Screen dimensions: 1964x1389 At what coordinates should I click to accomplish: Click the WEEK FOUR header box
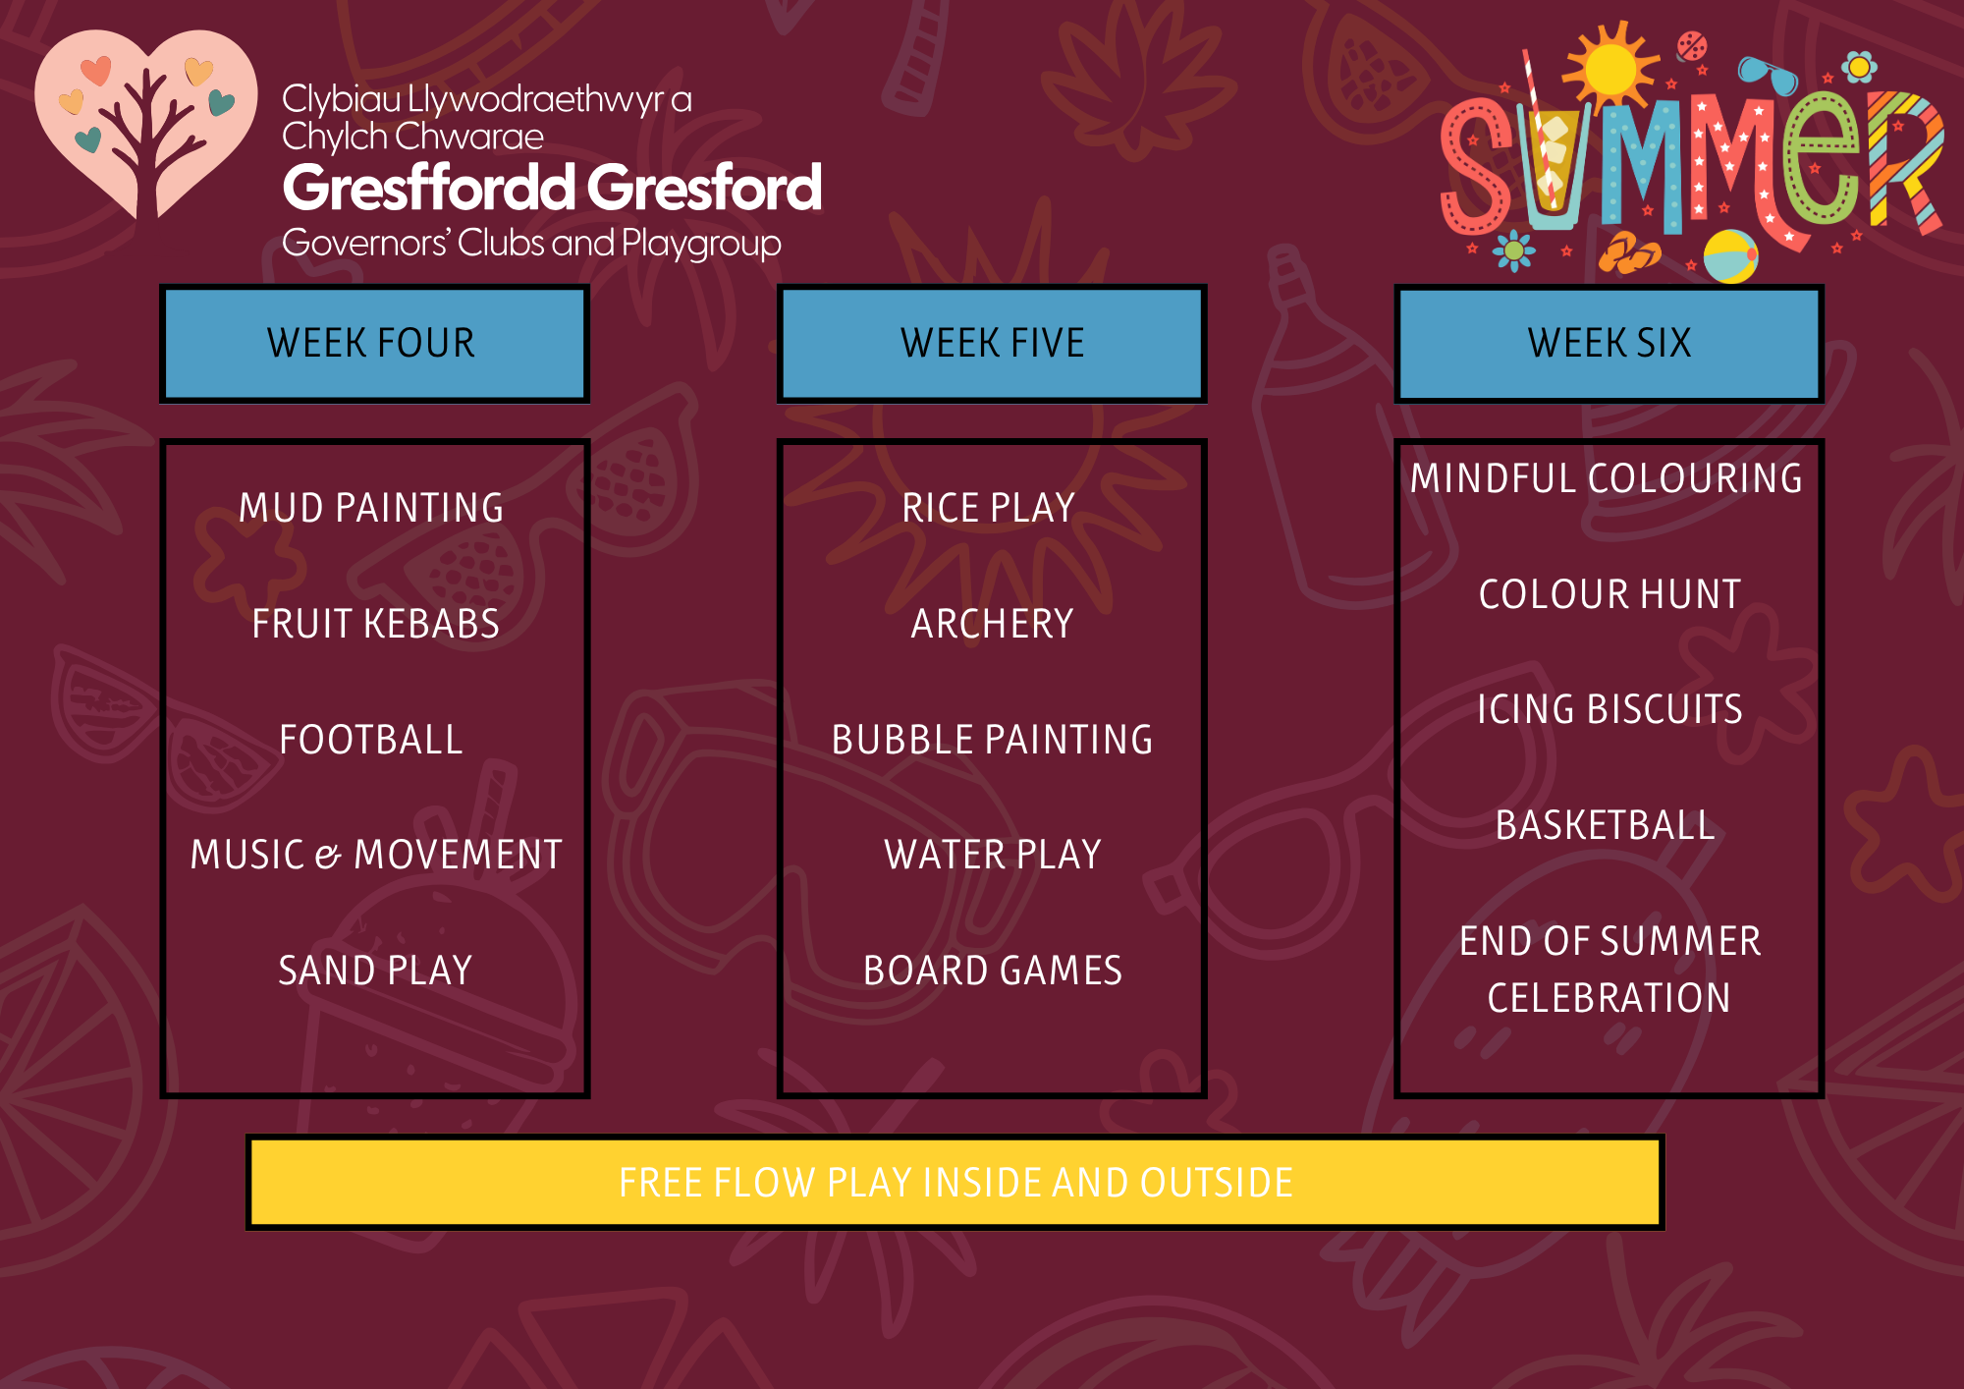[374, 343]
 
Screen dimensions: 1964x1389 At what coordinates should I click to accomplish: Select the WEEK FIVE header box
[992, 343]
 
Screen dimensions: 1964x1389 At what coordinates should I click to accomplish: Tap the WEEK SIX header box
[1609, 343]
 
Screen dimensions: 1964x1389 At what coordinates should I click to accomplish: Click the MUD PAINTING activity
[371, 508]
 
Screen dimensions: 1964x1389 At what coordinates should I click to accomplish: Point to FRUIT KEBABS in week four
[375, 624]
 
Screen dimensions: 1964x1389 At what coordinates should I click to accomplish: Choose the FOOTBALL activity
[371, 740]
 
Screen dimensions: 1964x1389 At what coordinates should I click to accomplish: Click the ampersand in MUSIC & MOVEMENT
[328, 857]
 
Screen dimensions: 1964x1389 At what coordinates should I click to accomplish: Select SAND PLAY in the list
[375, 971]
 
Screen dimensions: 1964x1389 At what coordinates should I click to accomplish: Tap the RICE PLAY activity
[989, 508]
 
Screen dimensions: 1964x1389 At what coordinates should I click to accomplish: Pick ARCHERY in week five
[992, 624]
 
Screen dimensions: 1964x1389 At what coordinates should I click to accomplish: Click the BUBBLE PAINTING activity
[992, 740]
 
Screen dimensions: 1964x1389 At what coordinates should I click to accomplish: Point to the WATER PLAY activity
[993, 855]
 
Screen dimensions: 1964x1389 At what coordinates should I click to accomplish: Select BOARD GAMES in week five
[993, 971]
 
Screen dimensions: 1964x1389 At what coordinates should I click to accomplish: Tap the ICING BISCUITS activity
[1609, 709]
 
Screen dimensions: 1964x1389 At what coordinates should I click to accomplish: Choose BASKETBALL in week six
[1606, 825]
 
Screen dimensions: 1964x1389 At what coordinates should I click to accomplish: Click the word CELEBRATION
[1609, 998]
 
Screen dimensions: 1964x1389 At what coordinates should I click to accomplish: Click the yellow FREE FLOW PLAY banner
[955, 1183]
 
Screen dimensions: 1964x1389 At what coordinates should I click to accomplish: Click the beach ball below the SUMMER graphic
[1730, 256]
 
